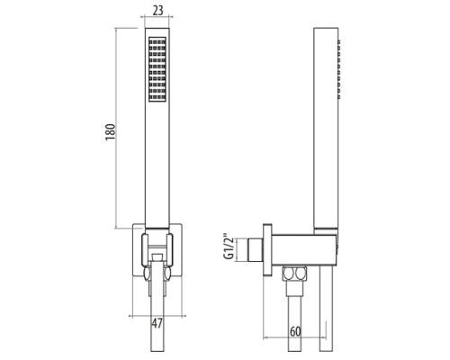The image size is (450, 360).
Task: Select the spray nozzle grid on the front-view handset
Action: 158,68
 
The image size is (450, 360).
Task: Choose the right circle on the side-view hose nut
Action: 301,274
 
